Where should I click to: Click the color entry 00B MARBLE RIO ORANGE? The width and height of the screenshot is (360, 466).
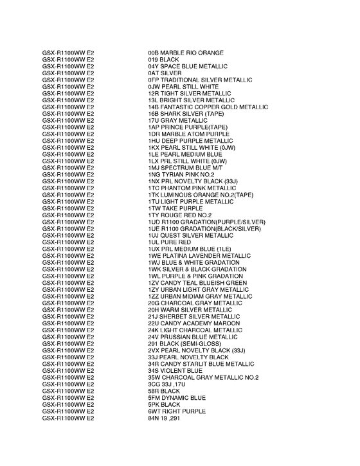tap(186, 52)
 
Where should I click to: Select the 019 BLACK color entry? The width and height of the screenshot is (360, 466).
tap(164, 59)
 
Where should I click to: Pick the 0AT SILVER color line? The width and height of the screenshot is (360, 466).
tap(165, 73)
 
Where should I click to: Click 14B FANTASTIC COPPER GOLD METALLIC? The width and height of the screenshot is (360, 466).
tap(208, 107)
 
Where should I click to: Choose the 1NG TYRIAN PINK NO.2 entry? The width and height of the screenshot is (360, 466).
tap(181, 175)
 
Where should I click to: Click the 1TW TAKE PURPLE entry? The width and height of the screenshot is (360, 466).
tap(175, 209)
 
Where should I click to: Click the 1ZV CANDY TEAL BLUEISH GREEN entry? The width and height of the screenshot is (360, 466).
tap(197, 283)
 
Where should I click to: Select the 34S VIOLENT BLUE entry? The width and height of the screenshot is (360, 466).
tap(175, 371)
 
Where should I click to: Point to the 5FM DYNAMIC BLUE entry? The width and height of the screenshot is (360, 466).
tap(177, 398)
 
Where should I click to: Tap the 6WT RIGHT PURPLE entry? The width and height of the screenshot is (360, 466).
tap(176, 411)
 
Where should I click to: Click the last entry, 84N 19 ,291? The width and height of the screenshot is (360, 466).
tap(166, 418)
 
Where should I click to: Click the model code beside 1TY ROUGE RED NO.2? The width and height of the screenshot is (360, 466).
tap(68, 215)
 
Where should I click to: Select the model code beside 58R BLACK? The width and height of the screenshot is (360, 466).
tap(68, 391)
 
